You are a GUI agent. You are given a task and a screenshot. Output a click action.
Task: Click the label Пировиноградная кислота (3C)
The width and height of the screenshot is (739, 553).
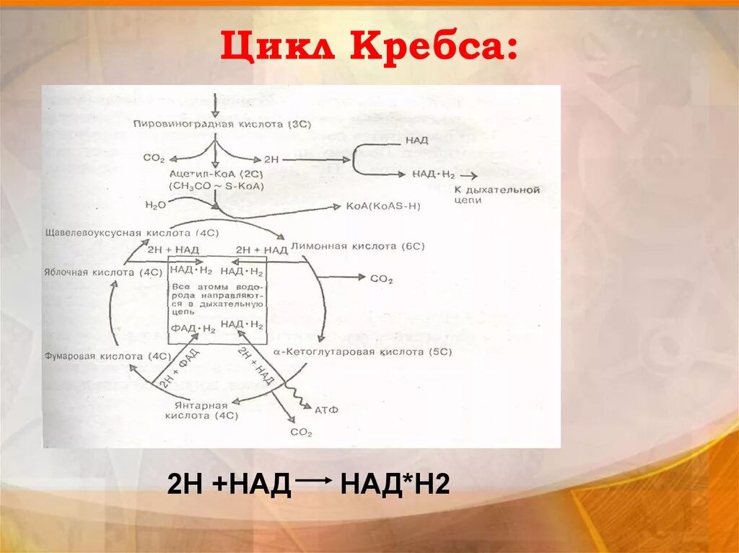[222, 124]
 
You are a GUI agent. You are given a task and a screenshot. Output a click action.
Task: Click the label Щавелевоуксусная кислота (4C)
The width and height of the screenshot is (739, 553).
[127, 234]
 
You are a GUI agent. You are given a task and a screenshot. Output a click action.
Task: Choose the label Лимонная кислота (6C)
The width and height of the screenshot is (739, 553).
[357, 247]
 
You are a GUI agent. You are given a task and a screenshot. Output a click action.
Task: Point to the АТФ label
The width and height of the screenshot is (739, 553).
[326, 410]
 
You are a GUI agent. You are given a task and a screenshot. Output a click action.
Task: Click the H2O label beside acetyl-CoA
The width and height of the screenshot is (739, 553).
[154, 205]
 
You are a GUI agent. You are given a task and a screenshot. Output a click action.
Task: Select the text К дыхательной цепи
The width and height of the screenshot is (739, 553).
[497, 195]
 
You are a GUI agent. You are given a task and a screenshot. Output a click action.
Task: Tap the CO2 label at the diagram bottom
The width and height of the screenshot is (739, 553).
[301, 433]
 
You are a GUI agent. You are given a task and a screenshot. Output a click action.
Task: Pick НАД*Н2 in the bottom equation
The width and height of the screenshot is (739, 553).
[395, 485]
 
